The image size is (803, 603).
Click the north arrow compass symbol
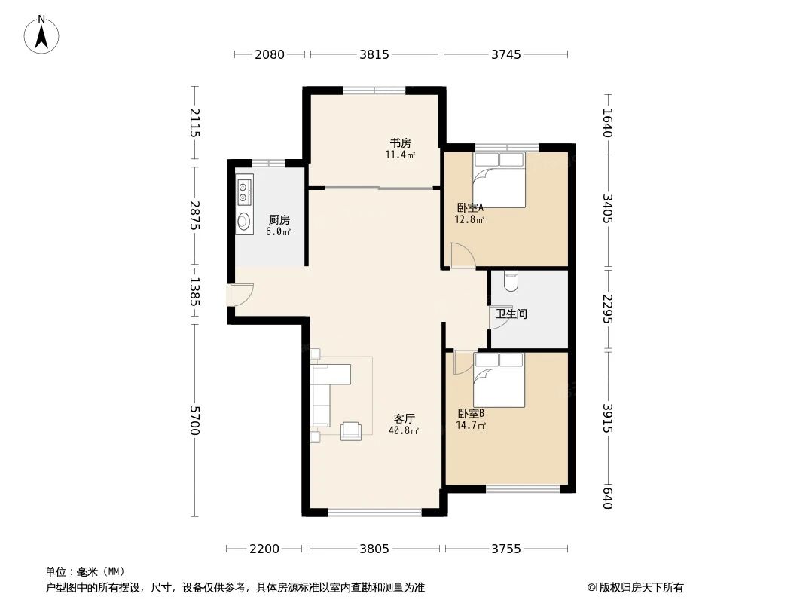(x=41, y=34)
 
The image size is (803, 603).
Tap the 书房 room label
(x=400, y=143)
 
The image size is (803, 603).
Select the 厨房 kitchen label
(x=279, y=220)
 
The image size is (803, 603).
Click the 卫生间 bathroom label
(x=511, y=314)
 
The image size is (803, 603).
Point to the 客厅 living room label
(x=405, y=418)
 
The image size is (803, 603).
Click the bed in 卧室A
(x=499, y=179)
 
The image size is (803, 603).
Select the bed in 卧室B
(x=499, y=380)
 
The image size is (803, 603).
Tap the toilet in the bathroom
(x=511, y=281)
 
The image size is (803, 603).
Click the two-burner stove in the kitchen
(x=244, y=190)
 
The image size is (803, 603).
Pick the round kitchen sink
(x=244, y=222)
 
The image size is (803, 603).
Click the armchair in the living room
(x=351, y=430)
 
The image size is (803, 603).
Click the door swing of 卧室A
(x=461, y=256)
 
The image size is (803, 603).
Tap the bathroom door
(x=499, y=317)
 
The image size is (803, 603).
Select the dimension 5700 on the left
(x=195, y=420)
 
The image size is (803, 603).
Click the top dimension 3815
(x=374, y=54)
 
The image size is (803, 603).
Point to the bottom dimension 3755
(x=506, y=549)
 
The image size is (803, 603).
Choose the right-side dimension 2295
(x=608, y=308)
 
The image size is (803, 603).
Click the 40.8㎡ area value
(x=403, y=431)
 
